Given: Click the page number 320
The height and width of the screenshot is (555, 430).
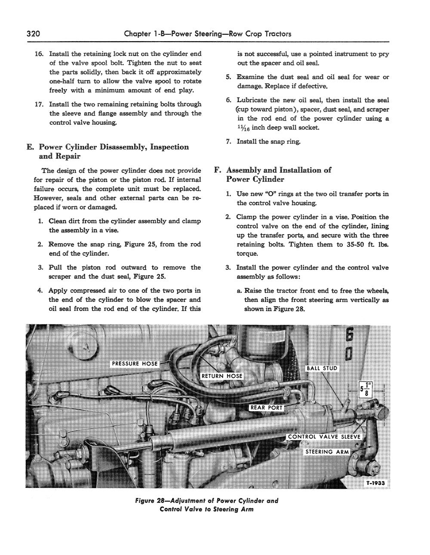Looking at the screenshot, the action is [x=33, y=34].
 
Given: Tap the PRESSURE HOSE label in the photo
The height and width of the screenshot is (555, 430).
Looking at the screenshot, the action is [x=135, y=364].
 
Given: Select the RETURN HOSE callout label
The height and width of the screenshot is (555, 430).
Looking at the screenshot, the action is [x=221, y=376].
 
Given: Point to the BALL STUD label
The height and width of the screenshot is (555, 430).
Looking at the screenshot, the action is [x=322, y=368].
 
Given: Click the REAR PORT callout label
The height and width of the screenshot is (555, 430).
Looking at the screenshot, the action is [x=266, y=408].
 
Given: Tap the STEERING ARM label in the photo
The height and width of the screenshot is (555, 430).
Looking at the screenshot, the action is [x=327, y=452].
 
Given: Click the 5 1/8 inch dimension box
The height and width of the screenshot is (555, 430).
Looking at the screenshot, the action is [x=366, y=390].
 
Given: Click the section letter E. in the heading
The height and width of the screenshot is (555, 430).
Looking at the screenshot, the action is [x=30, y=147].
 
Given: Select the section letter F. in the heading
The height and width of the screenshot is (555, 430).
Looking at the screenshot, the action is [x=218, y=170].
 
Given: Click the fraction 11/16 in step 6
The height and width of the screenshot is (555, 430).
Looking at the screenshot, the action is [x=243, y=127].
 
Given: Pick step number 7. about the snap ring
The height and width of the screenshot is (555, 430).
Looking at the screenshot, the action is [x=229, y=141].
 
